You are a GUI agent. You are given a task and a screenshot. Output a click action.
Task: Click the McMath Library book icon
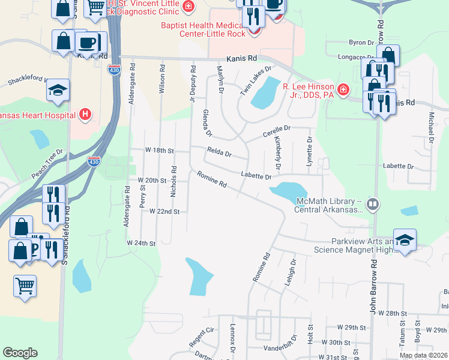(x=373, y=205)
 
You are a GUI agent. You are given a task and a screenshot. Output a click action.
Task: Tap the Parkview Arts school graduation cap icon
(x=405, y=240)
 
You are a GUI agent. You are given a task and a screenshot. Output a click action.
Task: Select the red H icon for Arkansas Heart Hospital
(x=86, y=114)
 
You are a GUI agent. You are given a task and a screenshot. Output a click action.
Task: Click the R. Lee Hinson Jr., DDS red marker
(x=343, y=90)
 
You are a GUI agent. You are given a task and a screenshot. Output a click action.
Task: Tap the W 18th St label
(x=159, y=150)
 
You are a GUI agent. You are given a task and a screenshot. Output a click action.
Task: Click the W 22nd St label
(x=164, y=212)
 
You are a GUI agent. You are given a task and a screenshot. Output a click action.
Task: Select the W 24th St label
(x=141, y=244)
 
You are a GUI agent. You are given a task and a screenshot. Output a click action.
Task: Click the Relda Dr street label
(x=219, y=154)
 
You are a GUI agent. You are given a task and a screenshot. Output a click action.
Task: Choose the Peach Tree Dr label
(x=47, y=164)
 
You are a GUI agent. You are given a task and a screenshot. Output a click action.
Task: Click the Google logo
(x=20, y=353)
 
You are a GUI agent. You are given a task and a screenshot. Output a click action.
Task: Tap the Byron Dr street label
(x=361, y=43)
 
